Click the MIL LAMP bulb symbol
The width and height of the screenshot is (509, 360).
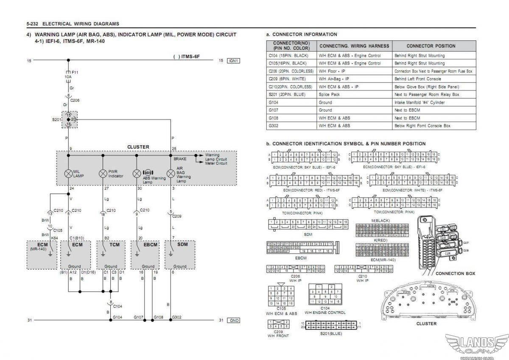coord(68,173)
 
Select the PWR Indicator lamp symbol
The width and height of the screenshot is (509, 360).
coord(103,173)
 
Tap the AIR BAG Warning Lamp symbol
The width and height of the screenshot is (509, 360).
coord(171,173)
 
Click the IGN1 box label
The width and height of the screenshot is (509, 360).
coord(234,61)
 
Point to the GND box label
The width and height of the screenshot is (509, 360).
coord(234,320)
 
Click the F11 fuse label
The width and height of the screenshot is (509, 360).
coord(75,73)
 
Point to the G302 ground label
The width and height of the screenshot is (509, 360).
coord(177,317)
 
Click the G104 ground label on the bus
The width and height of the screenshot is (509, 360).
coord(117,317)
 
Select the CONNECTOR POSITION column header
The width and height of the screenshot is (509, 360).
coord(431,46)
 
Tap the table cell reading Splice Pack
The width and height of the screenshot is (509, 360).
coord(329,94)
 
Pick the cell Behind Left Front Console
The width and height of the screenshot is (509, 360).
coord(418,79)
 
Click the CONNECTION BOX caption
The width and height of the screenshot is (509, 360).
coord(456,273)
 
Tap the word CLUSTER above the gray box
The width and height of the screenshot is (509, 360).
coord(138,147)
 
